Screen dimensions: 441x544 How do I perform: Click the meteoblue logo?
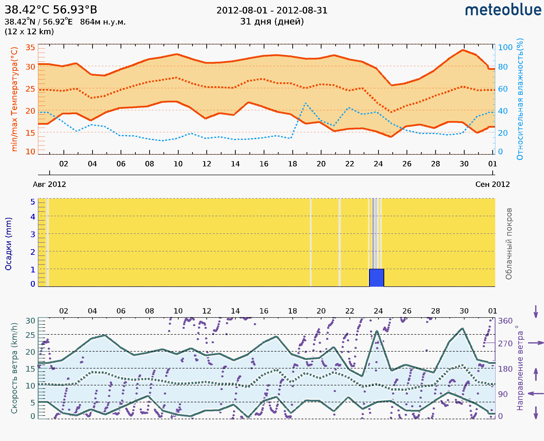[503, 10]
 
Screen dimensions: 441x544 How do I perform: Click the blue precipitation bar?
[376, 278]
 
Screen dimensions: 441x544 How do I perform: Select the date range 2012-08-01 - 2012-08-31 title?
[272, 11]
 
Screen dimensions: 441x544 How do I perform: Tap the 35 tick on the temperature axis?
[30, 48]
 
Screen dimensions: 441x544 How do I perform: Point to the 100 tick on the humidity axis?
[505, 48]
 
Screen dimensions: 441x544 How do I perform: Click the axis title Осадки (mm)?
[8, 244]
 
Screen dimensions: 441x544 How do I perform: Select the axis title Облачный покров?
[509, 244]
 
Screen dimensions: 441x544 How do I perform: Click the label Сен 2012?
[493, 184]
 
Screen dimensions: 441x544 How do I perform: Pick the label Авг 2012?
[49, 184]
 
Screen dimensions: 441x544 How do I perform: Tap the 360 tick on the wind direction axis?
[505, 321]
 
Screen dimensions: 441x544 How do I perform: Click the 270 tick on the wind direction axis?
[505, 344]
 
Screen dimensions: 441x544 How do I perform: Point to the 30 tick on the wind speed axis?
[30, 321]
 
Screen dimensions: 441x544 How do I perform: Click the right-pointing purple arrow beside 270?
[536, 343]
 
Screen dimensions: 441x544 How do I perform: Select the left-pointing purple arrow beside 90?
[536, 394]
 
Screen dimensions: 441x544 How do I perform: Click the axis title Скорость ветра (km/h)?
[14, 368]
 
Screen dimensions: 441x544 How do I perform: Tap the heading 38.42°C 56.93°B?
[51, 10]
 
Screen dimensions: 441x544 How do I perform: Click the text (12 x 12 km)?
[29, 32]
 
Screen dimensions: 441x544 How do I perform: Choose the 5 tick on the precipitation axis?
[33, 202]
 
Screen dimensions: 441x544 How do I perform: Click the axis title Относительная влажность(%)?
[520, 99]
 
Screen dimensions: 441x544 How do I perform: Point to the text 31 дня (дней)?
[272, 22]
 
